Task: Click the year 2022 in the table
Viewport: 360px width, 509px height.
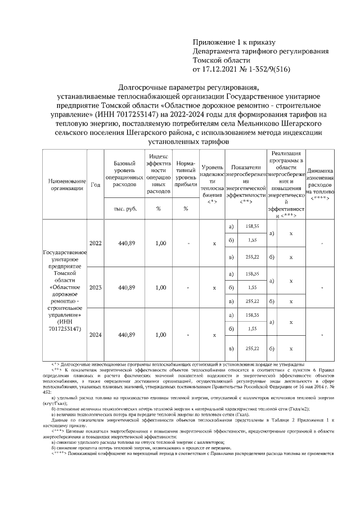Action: coord(96,244)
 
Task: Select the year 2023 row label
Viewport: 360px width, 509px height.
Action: coord(96,287)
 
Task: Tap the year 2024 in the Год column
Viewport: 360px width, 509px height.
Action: coord(96,335)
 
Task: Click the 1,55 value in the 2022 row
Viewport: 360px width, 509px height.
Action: coord(253,240)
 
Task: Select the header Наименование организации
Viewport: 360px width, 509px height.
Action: coord(66,184)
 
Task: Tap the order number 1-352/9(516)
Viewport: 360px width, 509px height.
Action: coord(271,70)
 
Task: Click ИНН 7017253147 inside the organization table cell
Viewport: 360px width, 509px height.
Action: coord(66,325)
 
